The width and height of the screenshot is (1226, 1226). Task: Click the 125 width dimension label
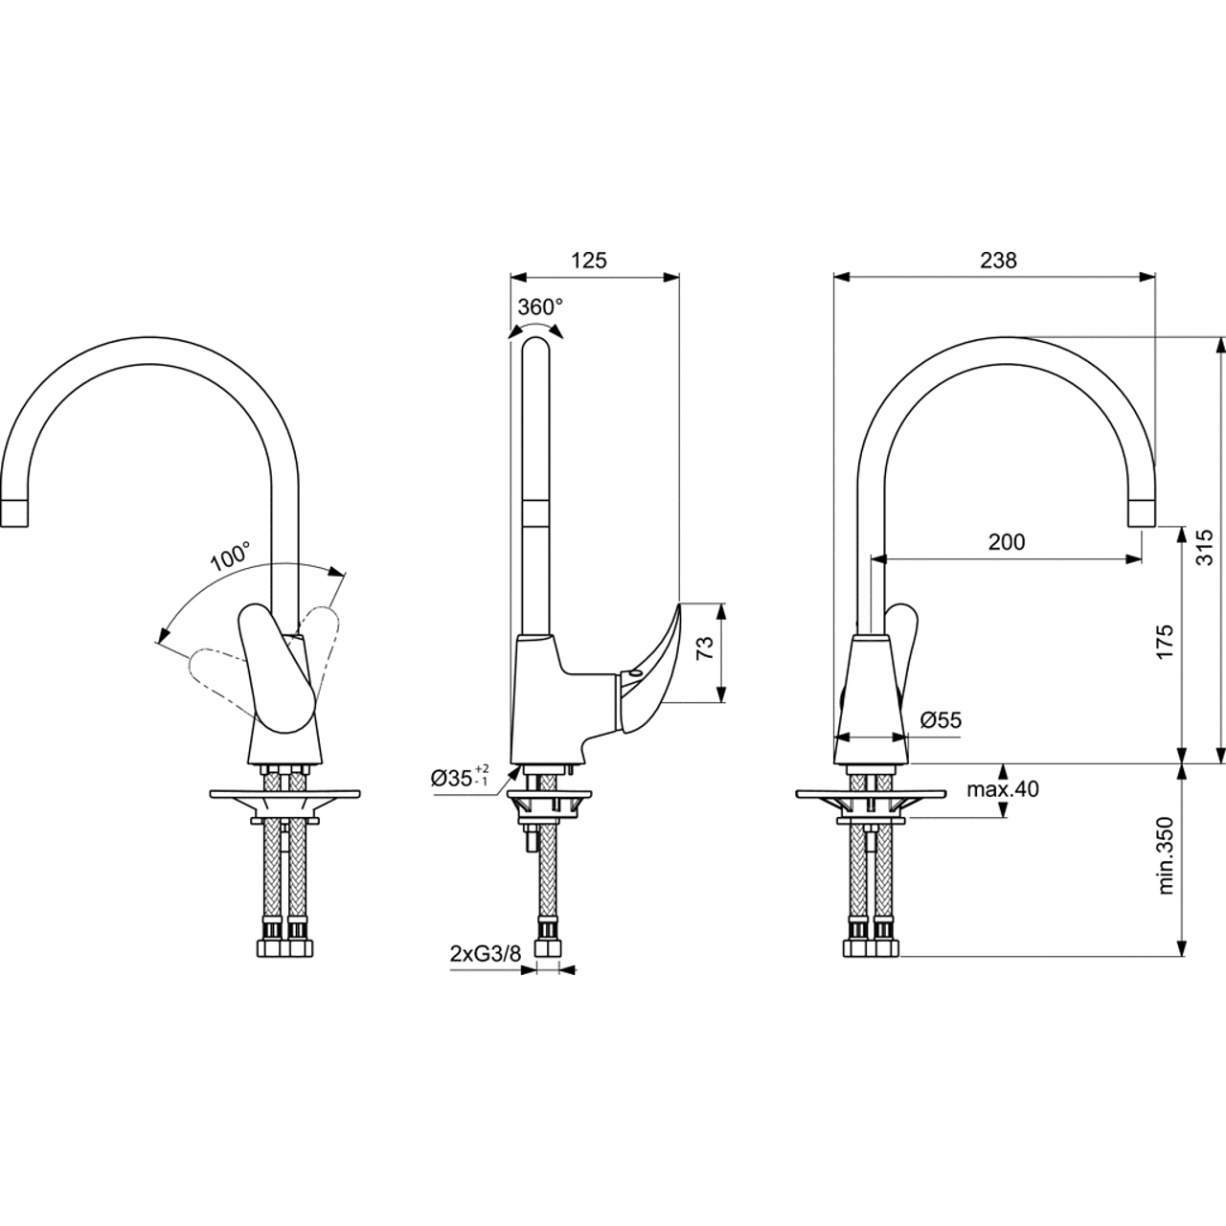click(x=589, y=261)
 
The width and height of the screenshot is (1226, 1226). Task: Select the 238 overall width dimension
click(x=998, y=261)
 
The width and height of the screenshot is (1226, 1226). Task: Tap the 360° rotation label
click(x=540, y=307)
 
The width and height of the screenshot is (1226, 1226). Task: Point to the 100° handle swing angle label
click(x=230, y=556)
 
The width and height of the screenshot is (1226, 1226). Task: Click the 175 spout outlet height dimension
click(x=1165, y=642)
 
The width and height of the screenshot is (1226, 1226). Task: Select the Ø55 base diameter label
click(x=941, y=720)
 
